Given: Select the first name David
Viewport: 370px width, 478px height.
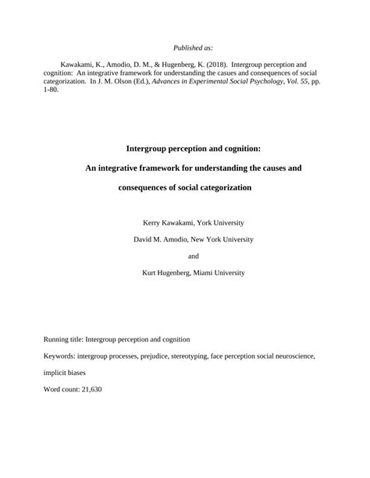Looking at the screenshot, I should coord(146,239).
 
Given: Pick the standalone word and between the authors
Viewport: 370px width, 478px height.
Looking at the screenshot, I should coord(194,256).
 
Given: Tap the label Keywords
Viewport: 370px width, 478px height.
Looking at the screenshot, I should coord(58,356).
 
